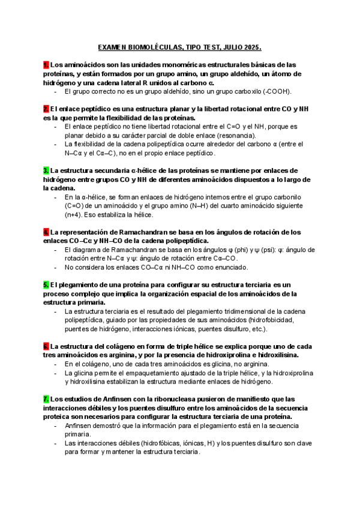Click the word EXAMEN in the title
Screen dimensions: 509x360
[113, 47]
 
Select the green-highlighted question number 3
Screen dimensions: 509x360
[46, 170]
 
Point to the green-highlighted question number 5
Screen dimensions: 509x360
[46, 284]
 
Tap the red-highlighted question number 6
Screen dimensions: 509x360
[46, 346]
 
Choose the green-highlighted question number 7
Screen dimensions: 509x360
[46, 399]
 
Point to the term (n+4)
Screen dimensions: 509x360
[76, 214]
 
